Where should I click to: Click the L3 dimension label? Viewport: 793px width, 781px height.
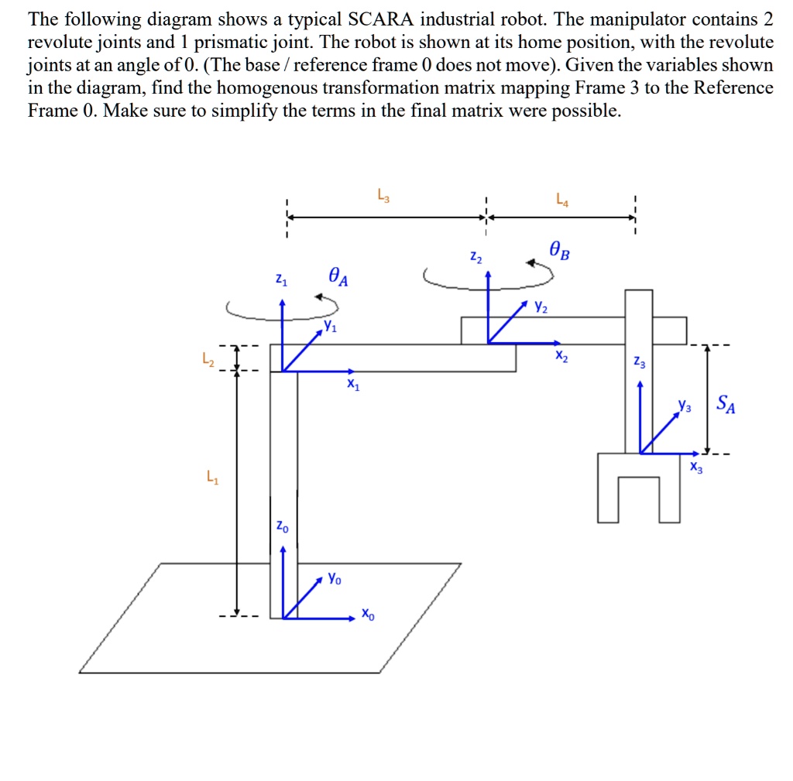(x=383, y=195)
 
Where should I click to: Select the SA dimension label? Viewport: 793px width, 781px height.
(x=726, y=403)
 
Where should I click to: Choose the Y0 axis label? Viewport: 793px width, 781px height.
(x=334, y=577)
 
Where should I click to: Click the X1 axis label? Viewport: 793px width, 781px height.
(x=352, y=385)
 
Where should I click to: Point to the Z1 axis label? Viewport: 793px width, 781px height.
(x=281, y=280)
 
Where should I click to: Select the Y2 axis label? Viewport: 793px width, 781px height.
(x=541, y=307)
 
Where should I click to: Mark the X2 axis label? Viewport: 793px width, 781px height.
(x=561, y=357)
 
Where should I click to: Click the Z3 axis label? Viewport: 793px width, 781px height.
(x=638, y=361)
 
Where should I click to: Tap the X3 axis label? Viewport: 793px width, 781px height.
(x=697, y=467)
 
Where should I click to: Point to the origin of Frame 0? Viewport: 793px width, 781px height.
(x=283, y=618)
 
